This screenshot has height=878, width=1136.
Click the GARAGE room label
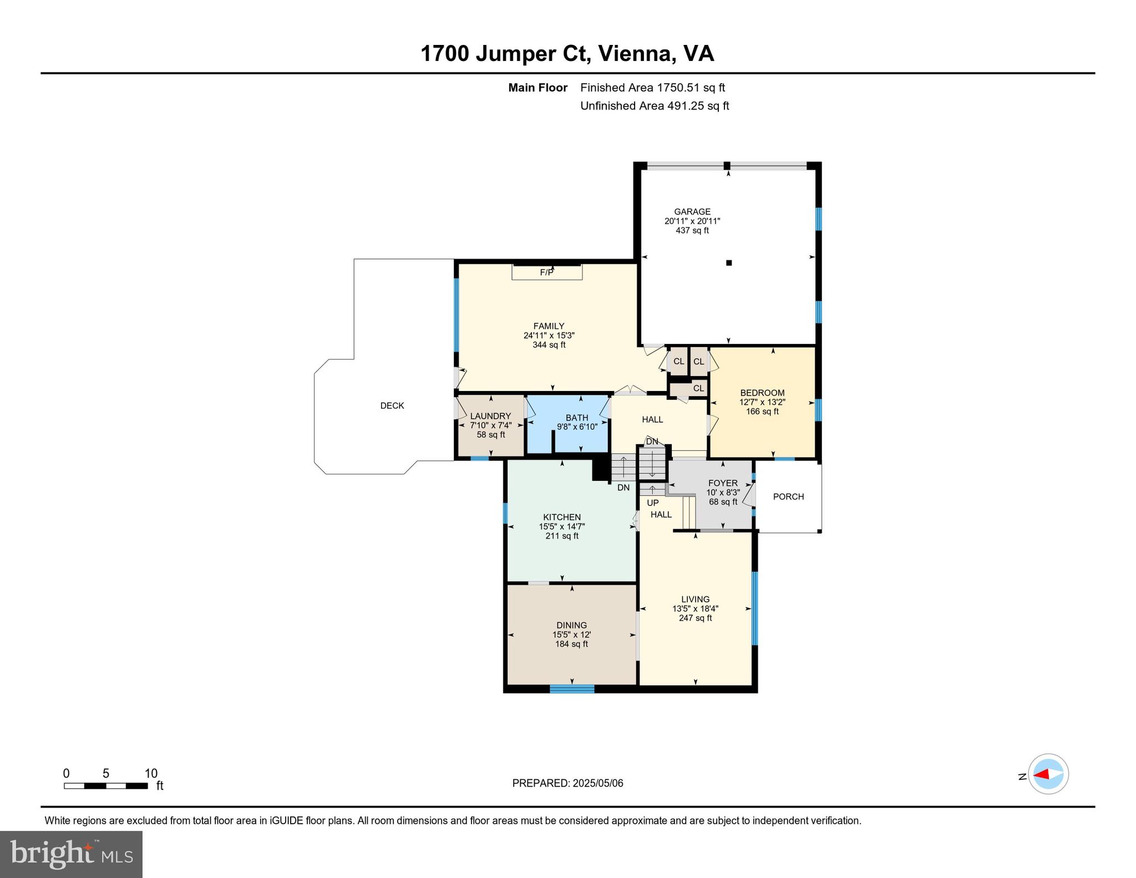click(x=692, y=211)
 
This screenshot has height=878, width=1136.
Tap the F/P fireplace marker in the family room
click(x=546, y=272)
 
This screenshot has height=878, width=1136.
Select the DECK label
click(x=392, y=405)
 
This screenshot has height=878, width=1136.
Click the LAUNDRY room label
click(x=490, y=416)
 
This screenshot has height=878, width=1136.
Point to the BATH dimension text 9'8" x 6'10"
click(x=577, y=427)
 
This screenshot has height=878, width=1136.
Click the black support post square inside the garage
click(x=729, y=263)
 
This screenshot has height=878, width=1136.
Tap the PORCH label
click(x=788, y=496)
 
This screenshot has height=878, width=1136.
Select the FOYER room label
click(x=723, y=483)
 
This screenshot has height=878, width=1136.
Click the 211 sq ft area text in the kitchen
click(x=562, y=536)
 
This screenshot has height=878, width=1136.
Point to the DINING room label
click(x=571, y=625)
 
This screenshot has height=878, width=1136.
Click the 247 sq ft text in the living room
click(x=695, y=618)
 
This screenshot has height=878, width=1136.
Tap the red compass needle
click(x=1041, y=774)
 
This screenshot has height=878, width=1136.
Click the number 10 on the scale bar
click(x=151, y=773)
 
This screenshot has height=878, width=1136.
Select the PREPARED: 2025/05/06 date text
click(x=567, y=783)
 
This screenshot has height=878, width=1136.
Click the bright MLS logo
click(x=71, y=854)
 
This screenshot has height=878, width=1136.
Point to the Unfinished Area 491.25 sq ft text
click(x=654, y=105)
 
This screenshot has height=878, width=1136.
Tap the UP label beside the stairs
click(x=653, y=503)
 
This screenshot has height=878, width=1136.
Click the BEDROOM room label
click(x=762, y=393)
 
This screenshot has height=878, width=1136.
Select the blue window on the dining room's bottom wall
click(x=571, y=689)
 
